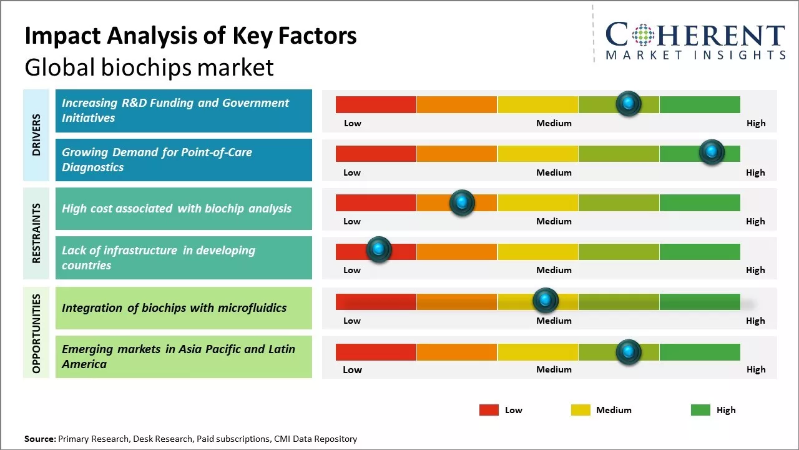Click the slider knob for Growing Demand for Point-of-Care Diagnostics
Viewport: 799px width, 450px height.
pyautogui.click(x=711, y=152)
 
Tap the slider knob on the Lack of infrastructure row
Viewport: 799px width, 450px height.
pyautogui.click(x=378, y=249)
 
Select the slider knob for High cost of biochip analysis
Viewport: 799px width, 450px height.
pyautogui.click(x=462, y=202)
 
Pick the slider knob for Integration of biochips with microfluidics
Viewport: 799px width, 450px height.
pyautogui.click(x=546, y=301)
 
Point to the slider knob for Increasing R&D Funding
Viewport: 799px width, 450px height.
pyautogui.click(x=629, y=103)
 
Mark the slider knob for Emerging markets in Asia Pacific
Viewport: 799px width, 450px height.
pyautogui.click(x=629, y=352)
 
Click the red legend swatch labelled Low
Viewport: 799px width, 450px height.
pyautogui.click(x=489, y=410)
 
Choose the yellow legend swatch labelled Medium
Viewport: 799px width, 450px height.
pyautogui.click(x=581, y=410)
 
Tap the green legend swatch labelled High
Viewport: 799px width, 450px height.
pyautogui.click(x=700, y=410)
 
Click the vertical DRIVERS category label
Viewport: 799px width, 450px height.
pyautogui.click(x=36, y=135)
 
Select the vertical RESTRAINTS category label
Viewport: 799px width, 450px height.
pyautogui.click(x=36, y=233)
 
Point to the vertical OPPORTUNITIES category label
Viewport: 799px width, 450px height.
pyautogui.click(x=36, y=333)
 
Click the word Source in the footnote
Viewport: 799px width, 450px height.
pyautogui.click(x=39, y=439)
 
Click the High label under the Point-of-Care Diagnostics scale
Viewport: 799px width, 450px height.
pyautogui.click(x=755, y=172)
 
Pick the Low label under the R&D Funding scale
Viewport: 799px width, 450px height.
pyautogui.click(x=353, y=123)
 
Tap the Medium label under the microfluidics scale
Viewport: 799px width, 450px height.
pyautogui.click(x=554, y=321)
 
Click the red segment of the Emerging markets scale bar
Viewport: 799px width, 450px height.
pyautogui.click(x=376, y=352)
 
